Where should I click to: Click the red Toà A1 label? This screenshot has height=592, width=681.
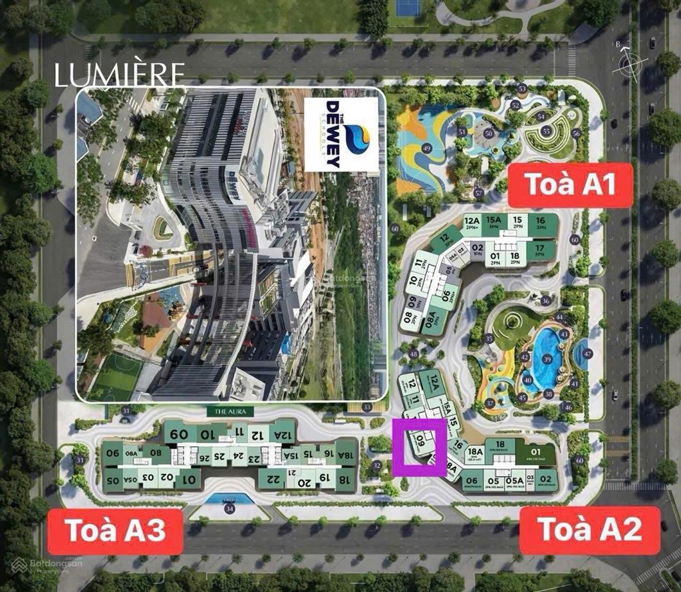[570, 185]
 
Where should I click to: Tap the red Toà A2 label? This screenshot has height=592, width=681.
[590, 530]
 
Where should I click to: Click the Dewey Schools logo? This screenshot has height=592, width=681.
[342, 134]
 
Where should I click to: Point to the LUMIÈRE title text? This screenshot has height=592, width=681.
[119, 76]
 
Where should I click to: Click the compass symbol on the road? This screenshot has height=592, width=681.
[632, 64]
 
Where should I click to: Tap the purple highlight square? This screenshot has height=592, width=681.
[419, 447]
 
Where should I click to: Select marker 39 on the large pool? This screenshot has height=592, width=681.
[547, 359]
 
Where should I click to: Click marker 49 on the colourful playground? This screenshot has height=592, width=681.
[427, 148]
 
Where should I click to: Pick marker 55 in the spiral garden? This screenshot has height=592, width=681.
[546, 132]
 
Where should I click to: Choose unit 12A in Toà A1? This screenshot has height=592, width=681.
[472, 221]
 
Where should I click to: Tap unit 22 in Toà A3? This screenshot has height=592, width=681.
[272, 480]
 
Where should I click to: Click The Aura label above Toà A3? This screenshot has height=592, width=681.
[231, 412]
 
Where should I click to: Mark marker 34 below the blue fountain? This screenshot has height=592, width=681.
[230, 509]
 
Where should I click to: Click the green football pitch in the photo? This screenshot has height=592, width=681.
[116, 376]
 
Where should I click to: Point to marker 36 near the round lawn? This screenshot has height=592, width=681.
[545, 300]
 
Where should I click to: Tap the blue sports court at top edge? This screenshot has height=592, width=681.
[408, 7]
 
